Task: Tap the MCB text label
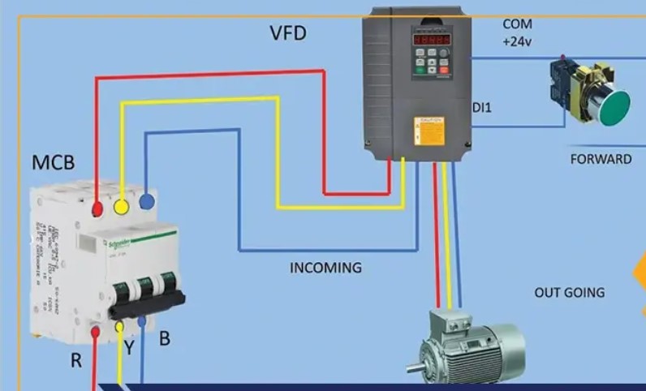[54, 162]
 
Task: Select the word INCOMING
[325, 268]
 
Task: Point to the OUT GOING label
[569, 292]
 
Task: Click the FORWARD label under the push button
[601, 159]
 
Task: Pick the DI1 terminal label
[482, 107]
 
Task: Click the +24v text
[517, 42]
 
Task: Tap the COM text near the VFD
[518, 24]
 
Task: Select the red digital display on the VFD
[431, 39]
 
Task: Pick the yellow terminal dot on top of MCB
[122, 206]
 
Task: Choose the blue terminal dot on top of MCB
[147, 201]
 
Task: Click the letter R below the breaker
[75, 361]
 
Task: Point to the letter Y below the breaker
[129, 348]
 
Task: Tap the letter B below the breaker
[164, 338]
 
